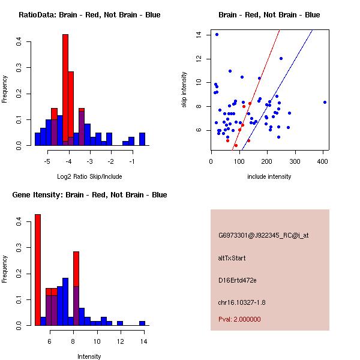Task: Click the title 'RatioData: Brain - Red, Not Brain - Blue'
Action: pos(89,15)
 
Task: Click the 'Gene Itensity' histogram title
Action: pos(90,195)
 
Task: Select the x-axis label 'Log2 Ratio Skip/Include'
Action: pos(89,176)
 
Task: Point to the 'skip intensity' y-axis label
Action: pos(185,90)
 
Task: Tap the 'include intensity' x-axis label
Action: pos(269,176)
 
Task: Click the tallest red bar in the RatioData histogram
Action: pos(65,90)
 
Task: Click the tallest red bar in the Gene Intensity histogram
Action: pos(37,270)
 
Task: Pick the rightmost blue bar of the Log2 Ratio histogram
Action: pos(142,139)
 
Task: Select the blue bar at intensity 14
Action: pos(142,323)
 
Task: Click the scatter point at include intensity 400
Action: pos(325,102)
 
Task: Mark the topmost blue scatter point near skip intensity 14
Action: pos(217,34)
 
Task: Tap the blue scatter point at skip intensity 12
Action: pos(281,58)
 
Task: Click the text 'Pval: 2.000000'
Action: pos(239,319)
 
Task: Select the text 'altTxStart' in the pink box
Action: pos(232,258)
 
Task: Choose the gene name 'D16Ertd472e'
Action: pos(237,280)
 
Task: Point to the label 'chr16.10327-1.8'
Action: pos(242,302)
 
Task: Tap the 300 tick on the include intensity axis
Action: pos(295,160)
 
